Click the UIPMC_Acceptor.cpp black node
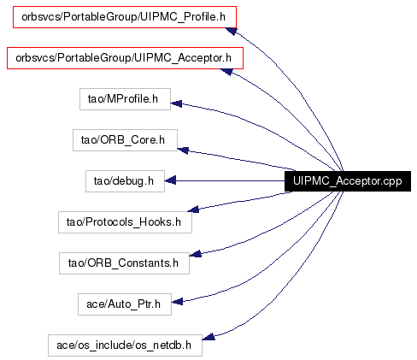[348, 181]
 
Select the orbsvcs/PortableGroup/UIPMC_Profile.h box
[125, 17]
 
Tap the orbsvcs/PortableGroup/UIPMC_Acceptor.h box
[125, 58]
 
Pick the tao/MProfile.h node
[125, 99]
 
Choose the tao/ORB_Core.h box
[125, 140]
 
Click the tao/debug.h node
[125, 181]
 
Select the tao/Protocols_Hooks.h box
[125, 222]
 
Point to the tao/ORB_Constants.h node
[124, 263]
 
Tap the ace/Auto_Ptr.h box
[125, 304]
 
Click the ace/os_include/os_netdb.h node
[125, 345]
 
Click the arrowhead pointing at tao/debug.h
[170, 180]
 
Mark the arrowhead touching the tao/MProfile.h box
[176, 103]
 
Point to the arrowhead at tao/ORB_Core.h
[183, 150]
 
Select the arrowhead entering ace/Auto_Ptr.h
[177, 301]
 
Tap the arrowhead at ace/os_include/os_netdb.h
[208, 337]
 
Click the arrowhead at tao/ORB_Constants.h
[196, 253]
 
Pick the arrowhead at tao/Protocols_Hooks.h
[193, 210]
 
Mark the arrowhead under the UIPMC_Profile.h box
[231, 31]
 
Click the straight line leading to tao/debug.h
[230, 181]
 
